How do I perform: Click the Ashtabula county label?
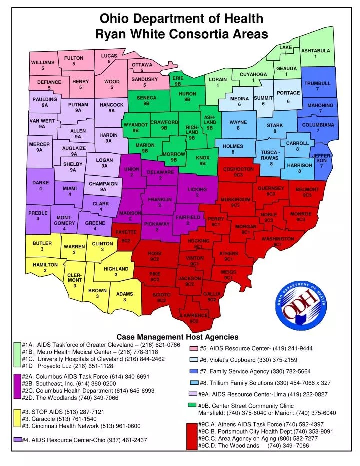(x=315, y=51)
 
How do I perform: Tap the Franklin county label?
(x=159, y=200)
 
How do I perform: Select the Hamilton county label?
(x=45, y=265)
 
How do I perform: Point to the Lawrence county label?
(x=194, y=316)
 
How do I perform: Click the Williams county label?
(x=43, y=62)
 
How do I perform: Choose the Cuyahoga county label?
(x=253, y=75)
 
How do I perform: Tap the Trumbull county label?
(x=317, y=83)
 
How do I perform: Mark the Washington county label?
(x=278, y=239)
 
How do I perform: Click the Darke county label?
(x=40, y=183)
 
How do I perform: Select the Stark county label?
(x=275, y=125)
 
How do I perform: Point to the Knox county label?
(x=203, y=158)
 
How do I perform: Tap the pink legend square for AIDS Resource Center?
(x=193, y=349)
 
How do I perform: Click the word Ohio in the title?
(x=116, y=19)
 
